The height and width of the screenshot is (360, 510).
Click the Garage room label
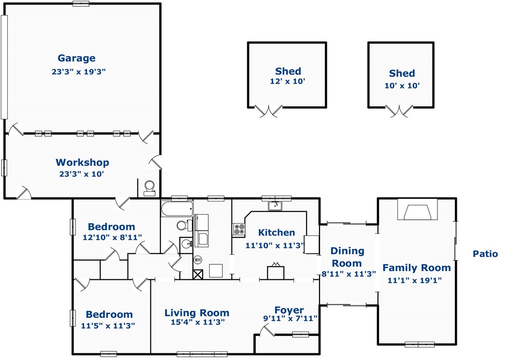pos(76,58)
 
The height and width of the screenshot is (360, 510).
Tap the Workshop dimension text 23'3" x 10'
pos(81,174)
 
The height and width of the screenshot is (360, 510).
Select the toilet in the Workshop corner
pos(150,188)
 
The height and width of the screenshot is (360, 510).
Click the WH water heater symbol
pos(197,260)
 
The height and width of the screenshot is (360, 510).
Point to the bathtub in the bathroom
pos(177,209)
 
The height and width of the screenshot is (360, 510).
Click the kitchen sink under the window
pos(275,206)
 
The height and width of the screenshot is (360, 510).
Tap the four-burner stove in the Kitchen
pos(239,229)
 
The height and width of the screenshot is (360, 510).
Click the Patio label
pos(485,254)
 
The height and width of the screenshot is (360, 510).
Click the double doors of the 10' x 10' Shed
pos(399,111)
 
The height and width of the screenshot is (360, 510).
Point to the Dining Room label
pos(347,257)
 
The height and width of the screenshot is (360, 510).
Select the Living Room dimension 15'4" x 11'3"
pos(198,322)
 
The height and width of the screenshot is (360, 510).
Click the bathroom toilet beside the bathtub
pos(185,225)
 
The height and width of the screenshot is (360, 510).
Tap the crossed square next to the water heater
pos(198,274)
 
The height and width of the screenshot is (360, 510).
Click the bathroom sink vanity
pos(186,244)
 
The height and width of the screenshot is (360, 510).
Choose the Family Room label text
pos(417,268)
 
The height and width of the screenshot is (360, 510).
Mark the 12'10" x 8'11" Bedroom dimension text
pos(112,237)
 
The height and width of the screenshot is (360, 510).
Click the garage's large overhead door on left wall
pos(4,67)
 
